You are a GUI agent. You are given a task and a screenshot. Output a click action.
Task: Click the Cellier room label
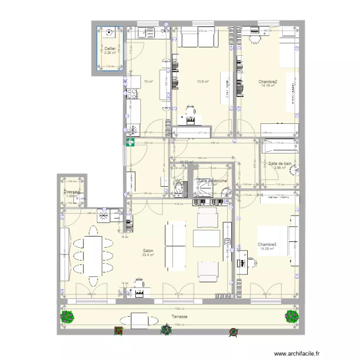pos(110,48)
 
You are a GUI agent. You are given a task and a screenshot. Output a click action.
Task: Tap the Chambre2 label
pos(268,82)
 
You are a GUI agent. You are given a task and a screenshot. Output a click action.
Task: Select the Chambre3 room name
pos(266,244)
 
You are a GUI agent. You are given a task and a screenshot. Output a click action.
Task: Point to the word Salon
pos(148,251)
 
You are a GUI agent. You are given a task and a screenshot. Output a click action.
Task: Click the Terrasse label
pos(179,317)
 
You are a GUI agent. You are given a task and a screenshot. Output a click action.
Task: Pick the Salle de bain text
pos(280,163)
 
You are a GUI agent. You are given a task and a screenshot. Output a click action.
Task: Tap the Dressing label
pos(72,192)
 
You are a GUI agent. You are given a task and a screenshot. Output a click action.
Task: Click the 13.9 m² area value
pos(203,82)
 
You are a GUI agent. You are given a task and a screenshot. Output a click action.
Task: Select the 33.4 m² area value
pos(148,255)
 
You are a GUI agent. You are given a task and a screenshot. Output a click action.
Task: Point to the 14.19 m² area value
pos(268,86)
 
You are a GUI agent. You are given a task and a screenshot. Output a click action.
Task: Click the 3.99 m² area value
pos(280,168)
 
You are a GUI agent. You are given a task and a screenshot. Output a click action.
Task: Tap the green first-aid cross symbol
pos(130,142)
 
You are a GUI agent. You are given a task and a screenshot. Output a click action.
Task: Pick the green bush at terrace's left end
pos(67,317)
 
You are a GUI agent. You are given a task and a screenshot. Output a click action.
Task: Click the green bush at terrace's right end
pos(291,316)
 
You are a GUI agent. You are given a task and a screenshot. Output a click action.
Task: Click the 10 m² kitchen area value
pos(148,82)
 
